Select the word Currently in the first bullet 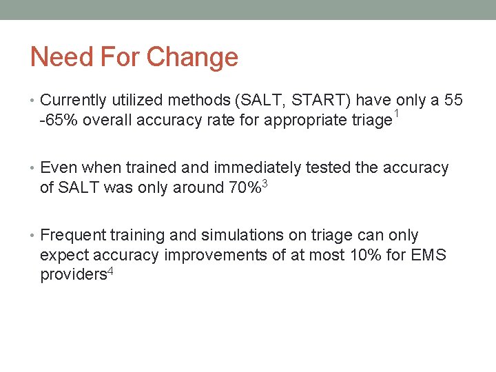pyautogui.click(x=73, y=101)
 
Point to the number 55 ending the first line pyautogui.click(x=453, y=101)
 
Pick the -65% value pyautogui.click(x=57, y=120)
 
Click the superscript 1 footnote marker pyautogui.click(x=396, y=113)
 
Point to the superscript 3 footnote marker pyautogui.click(x=265, y=183)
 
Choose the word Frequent pyautogui.click(x=72, y=236)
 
